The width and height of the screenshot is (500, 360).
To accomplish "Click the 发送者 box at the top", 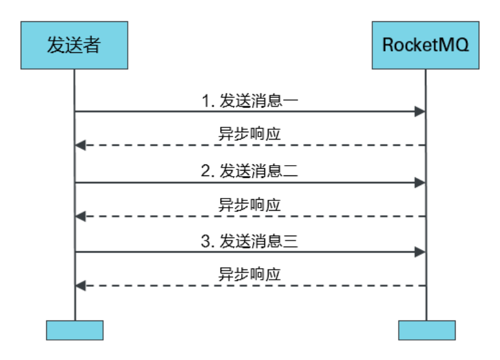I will (x=74, y=46).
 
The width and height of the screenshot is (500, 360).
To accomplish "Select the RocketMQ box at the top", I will (x=425, y=46).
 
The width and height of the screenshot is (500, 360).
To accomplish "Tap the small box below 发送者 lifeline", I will (x=75, y=330).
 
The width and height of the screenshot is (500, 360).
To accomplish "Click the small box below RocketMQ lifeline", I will (x=426, y=330).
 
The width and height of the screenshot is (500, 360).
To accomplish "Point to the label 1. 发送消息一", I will (x=250, y=101).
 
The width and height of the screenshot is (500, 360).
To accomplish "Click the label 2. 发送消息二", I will (x=250, y=171).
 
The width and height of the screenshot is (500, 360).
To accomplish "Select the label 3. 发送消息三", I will (x=250, y=241).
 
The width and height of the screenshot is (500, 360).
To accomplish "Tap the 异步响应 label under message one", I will (x=250, y=134).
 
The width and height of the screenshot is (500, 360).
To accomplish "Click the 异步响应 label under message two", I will (x=250, y=205).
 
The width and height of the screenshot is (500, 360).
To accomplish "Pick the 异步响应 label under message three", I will (x=250, y=274).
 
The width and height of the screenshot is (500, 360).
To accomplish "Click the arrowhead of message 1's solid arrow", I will (x=420, y=112).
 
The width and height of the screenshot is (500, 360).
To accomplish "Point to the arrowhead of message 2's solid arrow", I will (x=420, y=182).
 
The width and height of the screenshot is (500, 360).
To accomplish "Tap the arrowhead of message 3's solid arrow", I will (x=420, y=251).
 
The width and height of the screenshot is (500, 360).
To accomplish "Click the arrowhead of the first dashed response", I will (x=80, y=146).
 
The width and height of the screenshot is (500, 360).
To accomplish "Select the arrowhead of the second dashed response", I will (x=80, y=216).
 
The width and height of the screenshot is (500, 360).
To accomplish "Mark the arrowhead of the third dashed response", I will (x=80, y=285).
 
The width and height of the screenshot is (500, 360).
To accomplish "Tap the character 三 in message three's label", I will (x=291, y=241).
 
